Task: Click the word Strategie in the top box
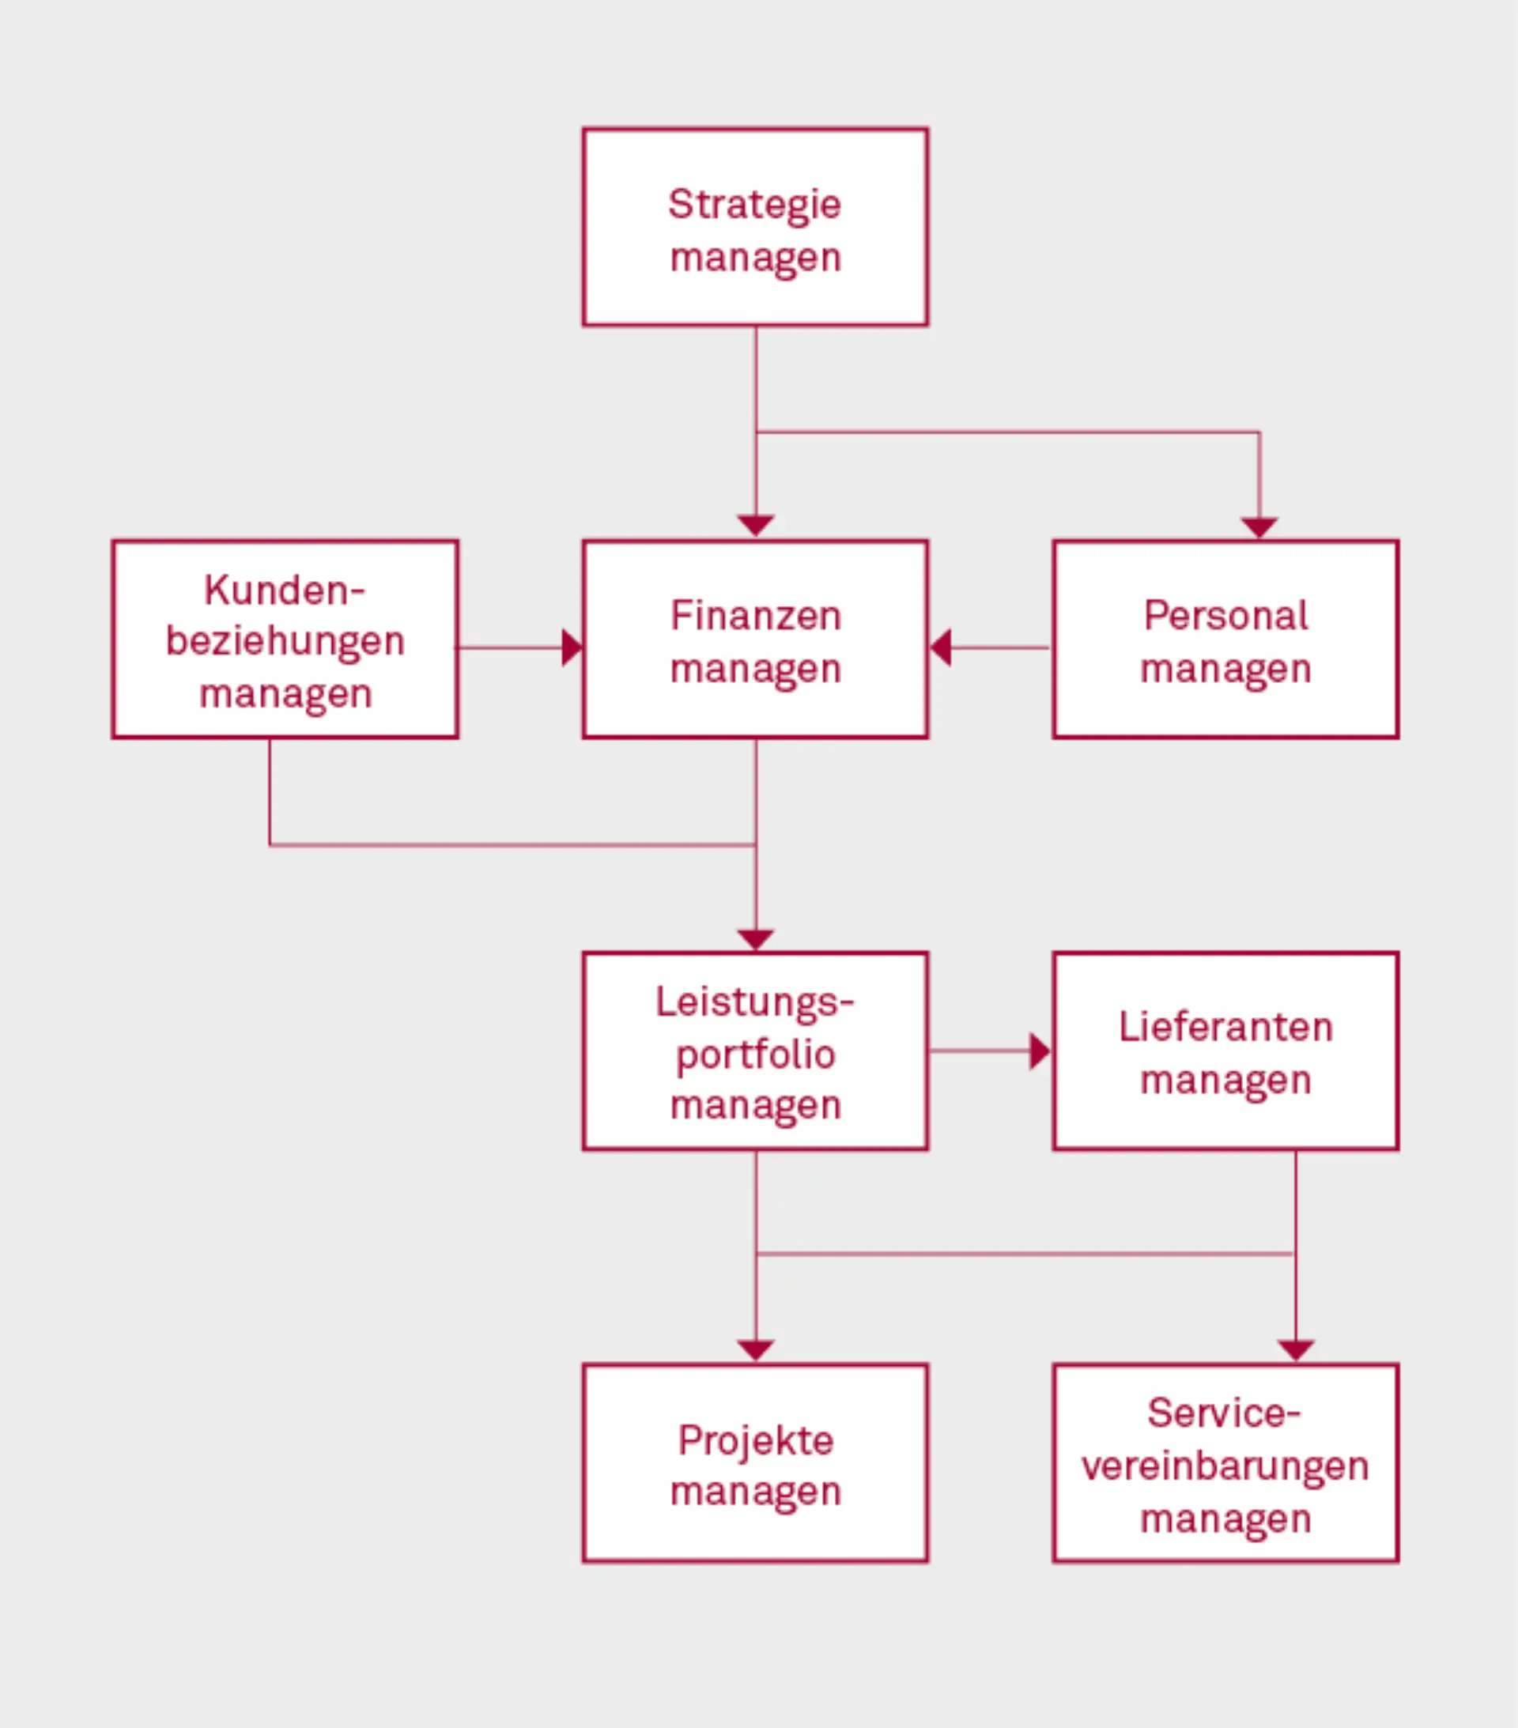(754, 205)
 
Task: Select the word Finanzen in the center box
(755, 616)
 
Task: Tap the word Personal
(1225, 616)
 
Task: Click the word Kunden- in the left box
(284, 590)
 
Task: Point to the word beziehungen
(285, 642)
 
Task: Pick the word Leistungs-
(754, 1002)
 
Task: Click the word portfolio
(755, 1055)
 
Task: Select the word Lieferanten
(1225, 1027)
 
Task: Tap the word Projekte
(755, 1440)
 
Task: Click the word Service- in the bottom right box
(1223, 1413)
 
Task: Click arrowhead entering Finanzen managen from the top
(755, 526)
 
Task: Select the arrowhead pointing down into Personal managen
(1259, 527)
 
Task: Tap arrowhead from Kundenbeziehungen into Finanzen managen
(572, 647)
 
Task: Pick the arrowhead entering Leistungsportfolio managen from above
(755, 939)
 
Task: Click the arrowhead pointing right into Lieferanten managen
(1040, 1051)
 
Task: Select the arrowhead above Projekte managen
(755, 1349)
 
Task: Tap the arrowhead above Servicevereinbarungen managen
(1296, 1350)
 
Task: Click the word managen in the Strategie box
(755, 257)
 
